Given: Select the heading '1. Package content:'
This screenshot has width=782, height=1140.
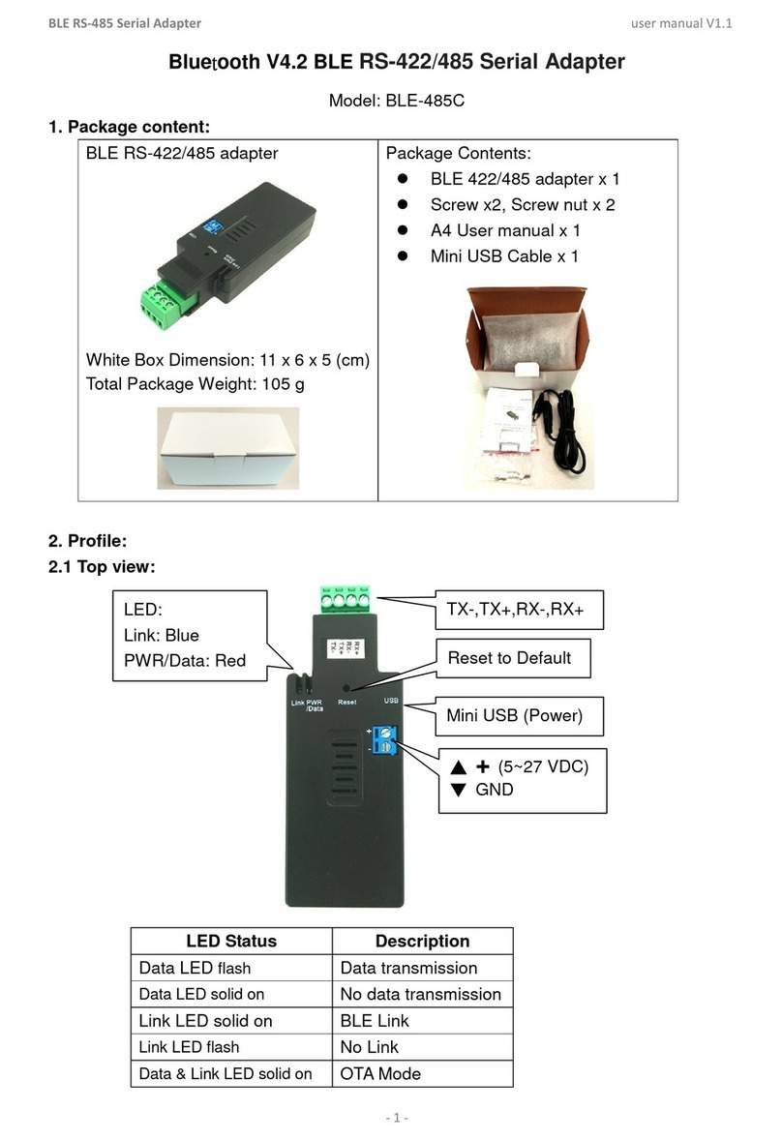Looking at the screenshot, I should click(x=129, y=127).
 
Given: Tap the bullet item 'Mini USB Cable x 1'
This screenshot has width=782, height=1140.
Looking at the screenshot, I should click(x=504, y=256).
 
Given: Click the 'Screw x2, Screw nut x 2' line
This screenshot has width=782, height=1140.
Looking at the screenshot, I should click(x=523, y=204).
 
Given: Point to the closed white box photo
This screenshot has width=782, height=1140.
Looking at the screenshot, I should click(x=228, y=447).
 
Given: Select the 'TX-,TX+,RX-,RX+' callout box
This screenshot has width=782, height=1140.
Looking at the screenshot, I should click(x=522, y=610).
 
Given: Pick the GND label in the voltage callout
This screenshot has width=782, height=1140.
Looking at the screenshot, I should click(x=494, y=789).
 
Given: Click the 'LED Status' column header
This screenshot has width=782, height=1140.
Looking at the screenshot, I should click(x=231, y=941).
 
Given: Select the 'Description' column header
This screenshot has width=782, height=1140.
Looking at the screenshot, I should click(x=422, y=941).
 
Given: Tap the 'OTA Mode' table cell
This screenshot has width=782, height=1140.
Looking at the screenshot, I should click(x=380, y=1073).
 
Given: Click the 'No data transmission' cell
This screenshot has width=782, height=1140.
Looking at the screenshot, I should click(x=420, y=994).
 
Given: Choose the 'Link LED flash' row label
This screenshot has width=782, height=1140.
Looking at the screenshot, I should click(x=189, y=1047).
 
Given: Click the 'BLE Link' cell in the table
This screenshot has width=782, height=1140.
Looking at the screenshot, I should click(x=375, y=1021).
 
